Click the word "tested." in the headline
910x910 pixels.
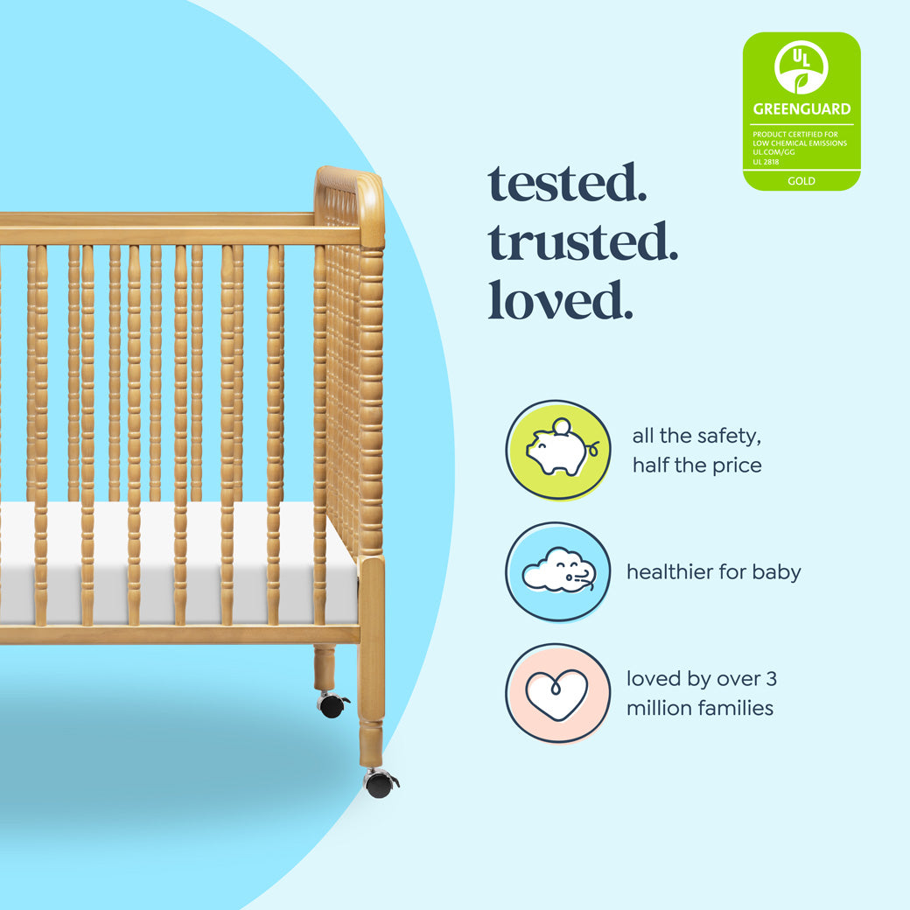click(x=567, y=184)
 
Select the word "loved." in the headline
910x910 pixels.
click(x=560, y=299)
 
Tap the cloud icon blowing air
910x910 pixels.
click(x=558, y=572)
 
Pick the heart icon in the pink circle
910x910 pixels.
click(x=557, y=694)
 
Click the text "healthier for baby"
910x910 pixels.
click(x=713, y=572)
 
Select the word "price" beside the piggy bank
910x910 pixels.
click(x=732, y=465)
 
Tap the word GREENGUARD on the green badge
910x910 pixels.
click(x=801, y=109)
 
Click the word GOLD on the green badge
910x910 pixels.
click(x=801, y=181)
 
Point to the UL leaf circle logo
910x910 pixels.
click(x=801, y=67)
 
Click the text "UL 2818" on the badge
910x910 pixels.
click(x=766, y=162)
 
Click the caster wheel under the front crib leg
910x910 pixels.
click(x=379, y=783)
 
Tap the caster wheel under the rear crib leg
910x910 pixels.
click(x=332, y=704)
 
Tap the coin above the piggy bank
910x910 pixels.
click(x=561, y=426)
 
